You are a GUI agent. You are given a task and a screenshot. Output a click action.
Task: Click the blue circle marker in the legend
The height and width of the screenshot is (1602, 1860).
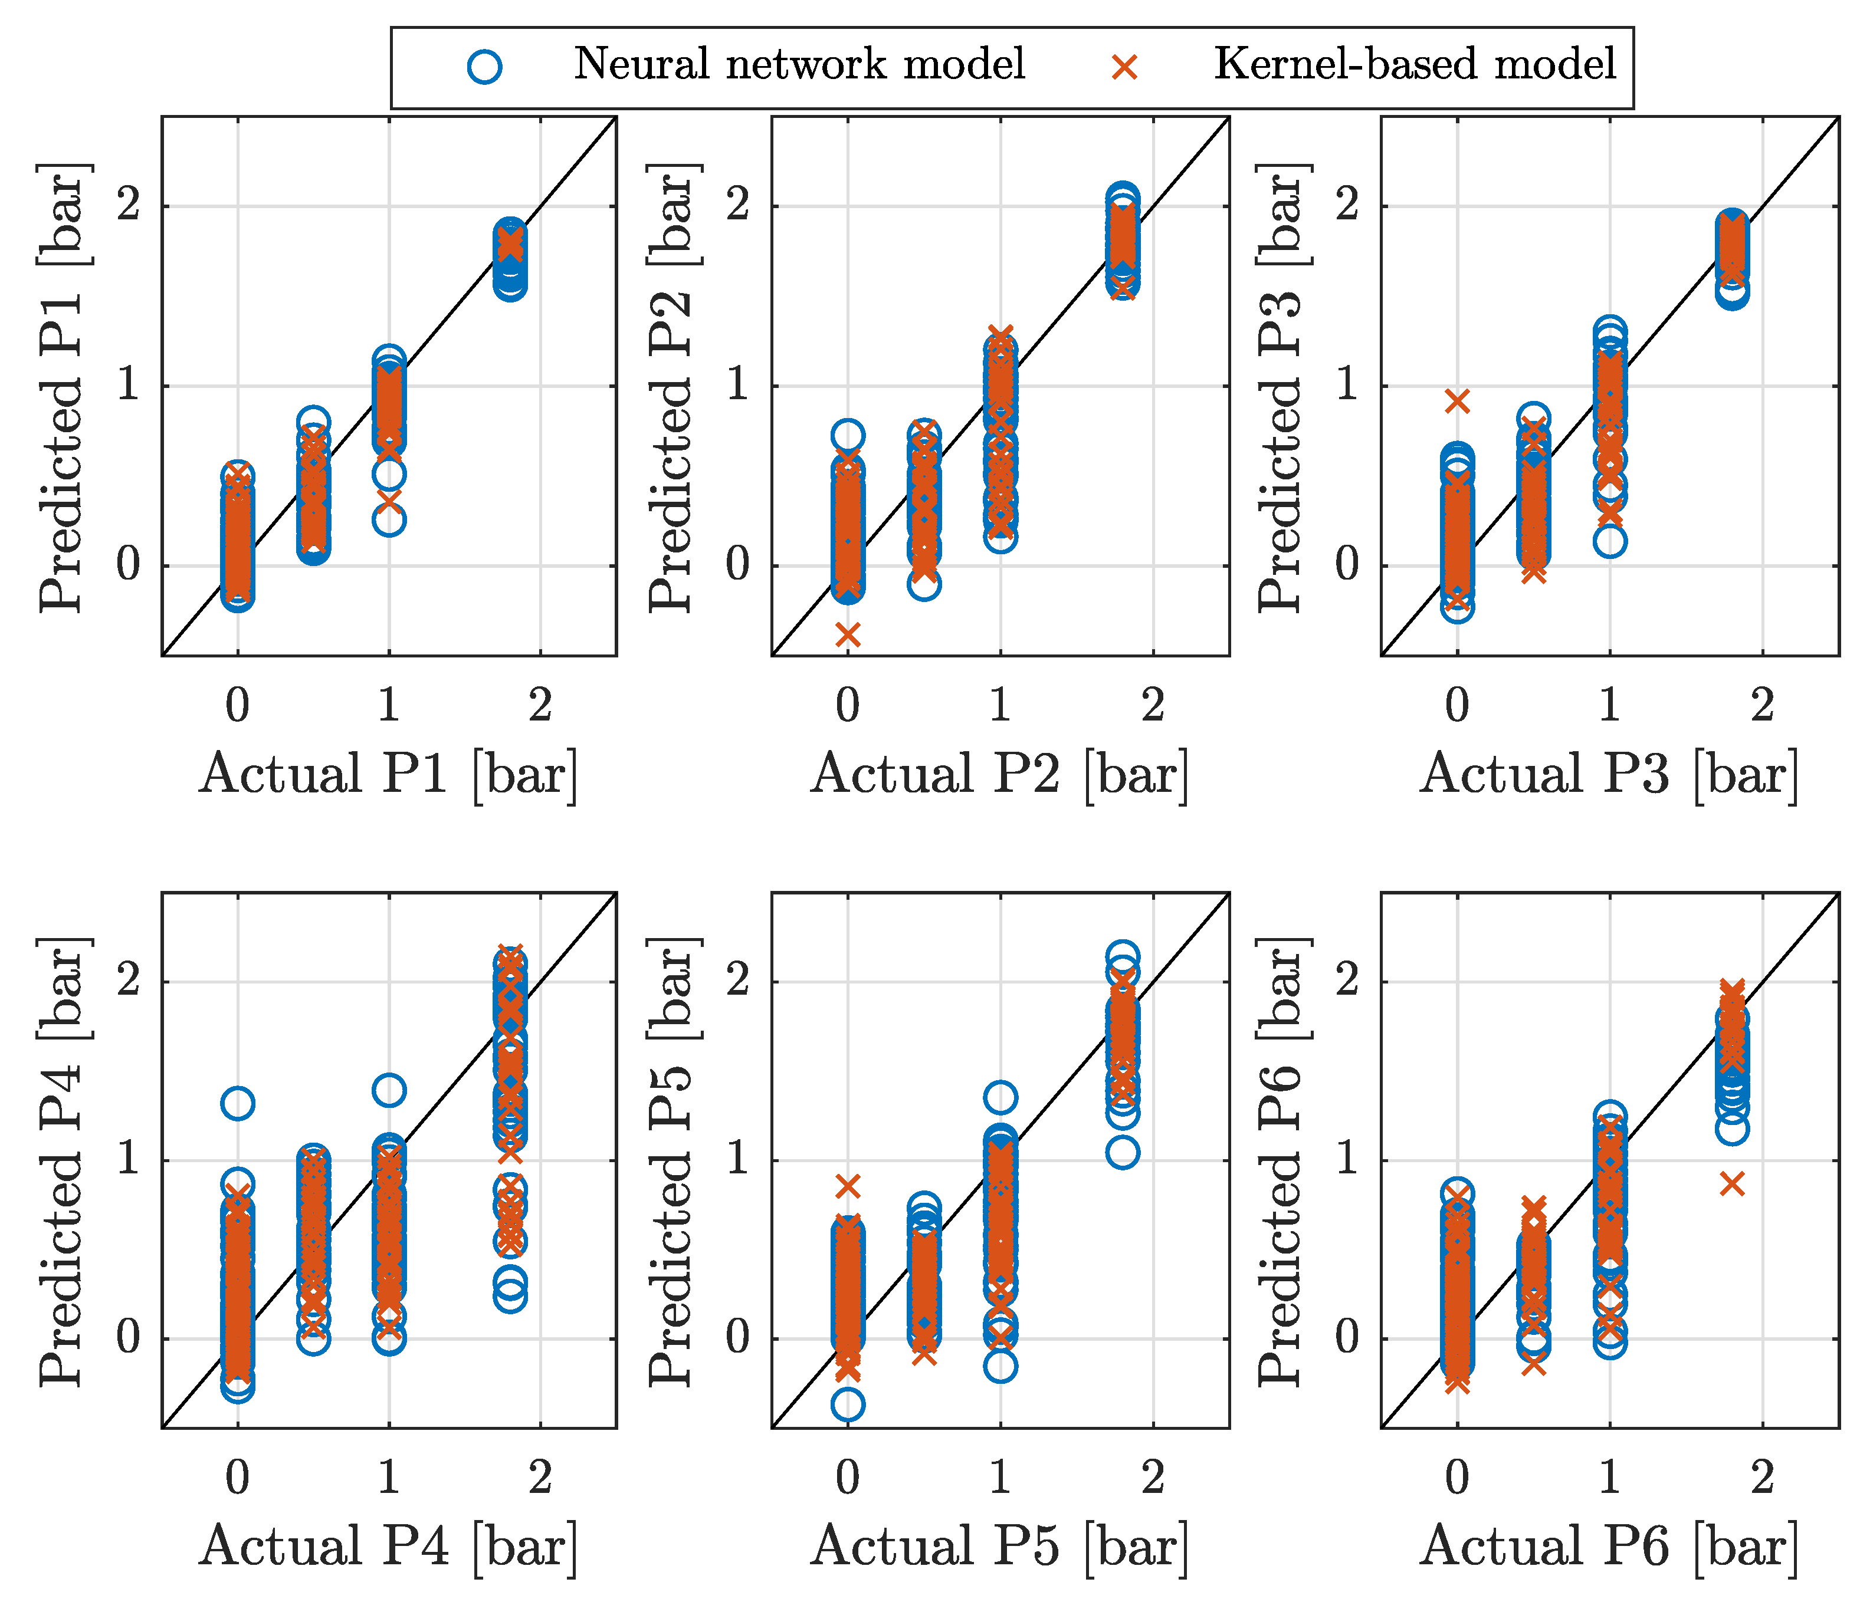[x=485, y=67]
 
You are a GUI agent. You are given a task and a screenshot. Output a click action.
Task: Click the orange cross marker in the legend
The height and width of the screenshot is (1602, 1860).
[x=1125, y=67]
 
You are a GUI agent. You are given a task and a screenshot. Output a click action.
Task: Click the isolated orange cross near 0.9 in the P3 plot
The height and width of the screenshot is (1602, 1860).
[x=1458, y=401]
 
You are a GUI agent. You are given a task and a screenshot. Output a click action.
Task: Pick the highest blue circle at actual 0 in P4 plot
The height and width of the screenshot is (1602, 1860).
[x=238, y=1103]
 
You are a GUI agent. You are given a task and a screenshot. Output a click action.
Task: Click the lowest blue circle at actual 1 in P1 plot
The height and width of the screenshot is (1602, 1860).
[x=389, y=519]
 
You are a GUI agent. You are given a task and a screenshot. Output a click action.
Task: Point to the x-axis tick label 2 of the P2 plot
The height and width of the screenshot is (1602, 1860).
[x=1153, y=705]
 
